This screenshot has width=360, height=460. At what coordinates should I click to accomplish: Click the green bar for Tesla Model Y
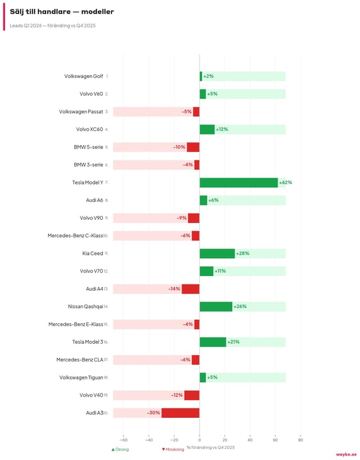click(239, 183)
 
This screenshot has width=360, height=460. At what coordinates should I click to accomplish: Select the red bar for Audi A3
click(180, 413)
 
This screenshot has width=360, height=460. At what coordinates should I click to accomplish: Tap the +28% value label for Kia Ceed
click(242, 254)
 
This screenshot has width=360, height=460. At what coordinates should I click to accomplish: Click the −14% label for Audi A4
click(174, 289)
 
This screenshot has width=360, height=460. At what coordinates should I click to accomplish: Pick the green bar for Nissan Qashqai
click(216, 307)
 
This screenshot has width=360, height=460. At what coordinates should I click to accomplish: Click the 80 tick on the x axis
click(301, 440)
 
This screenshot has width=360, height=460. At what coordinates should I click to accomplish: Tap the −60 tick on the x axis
click(123, 440)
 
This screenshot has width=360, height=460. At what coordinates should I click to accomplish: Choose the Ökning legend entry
click(120, 449)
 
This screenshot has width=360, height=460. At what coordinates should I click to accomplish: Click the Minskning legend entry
click(173, 449)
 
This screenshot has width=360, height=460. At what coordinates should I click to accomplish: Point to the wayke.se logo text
click(346, 454)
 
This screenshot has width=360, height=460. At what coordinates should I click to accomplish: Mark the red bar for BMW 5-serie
click(193, 147)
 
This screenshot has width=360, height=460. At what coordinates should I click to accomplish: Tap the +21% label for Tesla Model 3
click(233, 342)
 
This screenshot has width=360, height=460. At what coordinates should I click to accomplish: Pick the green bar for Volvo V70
click(207, 271)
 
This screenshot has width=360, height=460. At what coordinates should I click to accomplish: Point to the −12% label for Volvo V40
click(176, 395)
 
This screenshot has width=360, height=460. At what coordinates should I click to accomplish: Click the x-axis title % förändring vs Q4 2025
click(210, 447)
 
